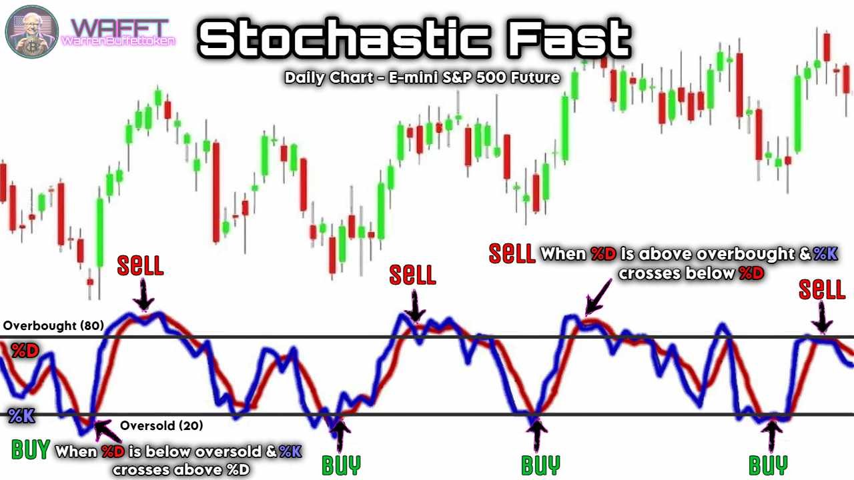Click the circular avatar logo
[32, 31]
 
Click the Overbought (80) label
[53, 326]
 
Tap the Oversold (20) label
[161, 425]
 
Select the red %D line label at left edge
[25, 351]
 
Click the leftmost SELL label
[140, 265]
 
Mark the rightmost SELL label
[822, 289]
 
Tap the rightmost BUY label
[768, 465]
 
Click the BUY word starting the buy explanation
[31, 449]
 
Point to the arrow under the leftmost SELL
[143, 294]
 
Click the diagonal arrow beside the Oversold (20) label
[108, 431]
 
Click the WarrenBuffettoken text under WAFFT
[118, 41]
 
